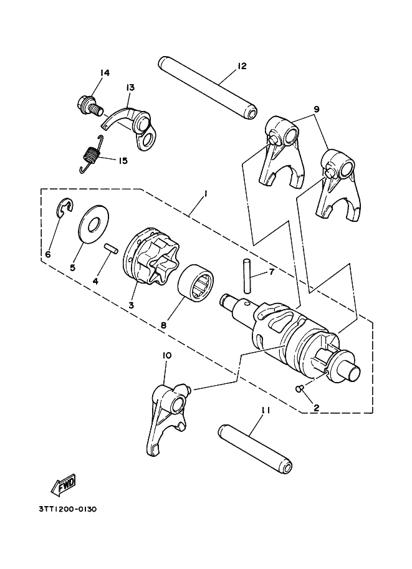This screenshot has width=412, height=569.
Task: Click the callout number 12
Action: coord(242,66)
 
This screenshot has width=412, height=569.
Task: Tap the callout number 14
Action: coord(104,74)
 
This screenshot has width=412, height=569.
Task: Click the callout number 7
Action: coord(272,272)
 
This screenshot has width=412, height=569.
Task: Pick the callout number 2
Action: coord(316,408)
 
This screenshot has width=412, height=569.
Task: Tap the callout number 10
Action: coord(166,355)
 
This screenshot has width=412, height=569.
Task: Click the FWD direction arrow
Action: coord(64,483)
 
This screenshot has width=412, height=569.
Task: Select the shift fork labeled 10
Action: coord(165,418)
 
